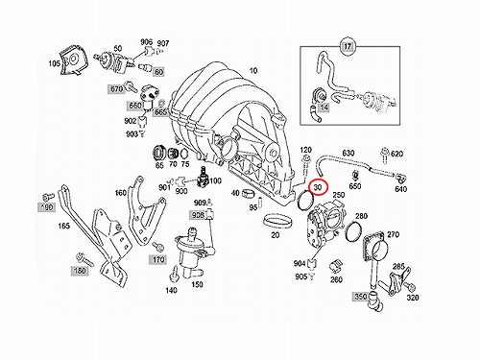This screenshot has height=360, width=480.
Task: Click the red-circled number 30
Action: [318, 187]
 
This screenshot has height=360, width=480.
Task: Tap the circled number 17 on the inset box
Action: [348, 46]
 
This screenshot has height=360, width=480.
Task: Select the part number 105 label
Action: [54, 63]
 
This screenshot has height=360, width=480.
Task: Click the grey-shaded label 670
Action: [116, 88]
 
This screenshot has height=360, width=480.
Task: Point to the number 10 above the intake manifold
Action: [253, 70]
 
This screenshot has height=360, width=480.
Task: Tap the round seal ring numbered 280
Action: [353, 231]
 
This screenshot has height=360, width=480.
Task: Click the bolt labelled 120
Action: [305, 164]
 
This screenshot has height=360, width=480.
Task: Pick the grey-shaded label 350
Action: [360, 297]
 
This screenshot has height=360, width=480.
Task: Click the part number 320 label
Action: [413, 298]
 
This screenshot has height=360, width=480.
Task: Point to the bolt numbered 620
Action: [384, 156]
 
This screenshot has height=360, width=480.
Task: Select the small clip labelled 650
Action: [355, 176]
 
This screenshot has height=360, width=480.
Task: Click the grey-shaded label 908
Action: [198, 215]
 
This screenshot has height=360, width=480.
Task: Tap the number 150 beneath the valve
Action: [197, 284]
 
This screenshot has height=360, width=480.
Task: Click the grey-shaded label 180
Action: [80, 271]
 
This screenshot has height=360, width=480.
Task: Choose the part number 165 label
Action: [63, 226]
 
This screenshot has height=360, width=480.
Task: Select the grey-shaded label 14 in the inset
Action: [324, 107]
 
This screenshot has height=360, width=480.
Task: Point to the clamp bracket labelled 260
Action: [336, 265]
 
